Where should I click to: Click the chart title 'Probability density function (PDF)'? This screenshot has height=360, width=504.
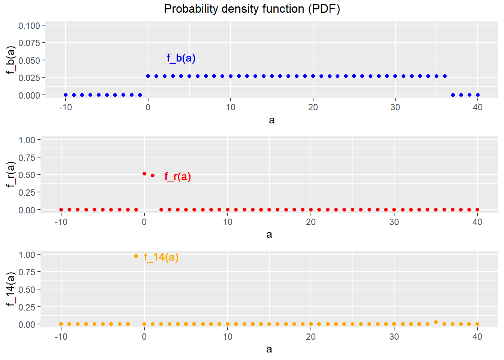coord(252,9)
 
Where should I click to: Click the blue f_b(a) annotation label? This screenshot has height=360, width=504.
coord(181,58)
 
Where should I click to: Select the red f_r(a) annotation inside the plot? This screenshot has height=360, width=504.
coord(178,177)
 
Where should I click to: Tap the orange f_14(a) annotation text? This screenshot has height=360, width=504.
coord(161,257)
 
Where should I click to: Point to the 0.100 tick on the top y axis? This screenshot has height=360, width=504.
coord(29,25)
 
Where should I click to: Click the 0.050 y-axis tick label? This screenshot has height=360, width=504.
coord(29,60)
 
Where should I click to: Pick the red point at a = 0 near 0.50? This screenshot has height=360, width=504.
coord(144,174)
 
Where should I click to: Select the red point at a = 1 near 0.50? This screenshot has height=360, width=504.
coord(153,175)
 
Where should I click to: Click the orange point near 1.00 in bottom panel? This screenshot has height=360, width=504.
coord(136,256)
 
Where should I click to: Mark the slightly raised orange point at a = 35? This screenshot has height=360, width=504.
coord(436,322)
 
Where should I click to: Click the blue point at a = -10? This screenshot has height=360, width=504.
coord(66,95)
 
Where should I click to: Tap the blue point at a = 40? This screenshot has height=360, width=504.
coord(478,95)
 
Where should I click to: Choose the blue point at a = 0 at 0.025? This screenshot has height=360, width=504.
coord(148,76)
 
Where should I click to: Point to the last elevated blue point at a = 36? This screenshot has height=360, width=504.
coord(445,76)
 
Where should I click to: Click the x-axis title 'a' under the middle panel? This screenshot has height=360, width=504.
coord(269,235)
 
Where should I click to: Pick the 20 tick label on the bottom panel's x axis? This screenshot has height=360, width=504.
coord(311,337)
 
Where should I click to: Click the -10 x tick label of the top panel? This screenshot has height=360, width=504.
coord(66,107)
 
